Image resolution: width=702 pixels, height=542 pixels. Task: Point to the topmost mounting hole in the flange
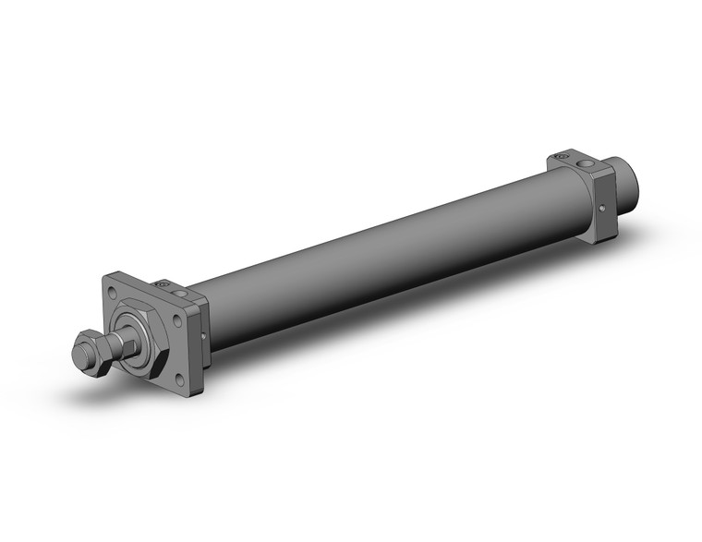pos(113,292)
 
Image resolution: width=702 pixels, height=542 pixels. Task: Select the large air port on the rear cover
pos(586,164)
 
